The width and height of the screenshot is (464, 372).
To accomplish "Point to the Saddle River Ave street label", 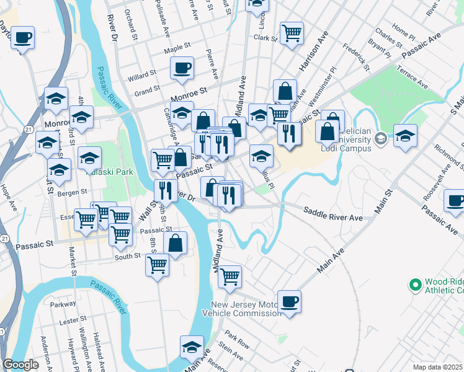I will click(332, 215).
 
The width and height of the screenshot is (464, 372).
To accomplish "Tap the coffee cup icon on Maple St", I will click(182, 68).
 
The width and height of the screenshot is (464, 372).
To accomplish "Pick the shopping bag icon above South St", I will click(176, 242).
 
